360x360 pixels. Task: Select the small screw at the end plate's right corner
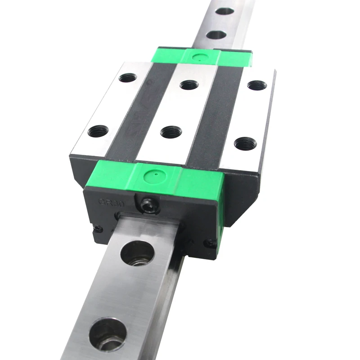click(x=210, y=244)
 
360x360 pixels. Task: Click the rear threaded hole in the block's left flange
click(x=128, y=78)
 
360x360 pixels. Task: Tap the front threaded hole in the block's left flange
click(x=99, y=131)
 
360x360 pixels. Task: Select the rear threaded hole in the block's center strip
click(x=189, y=84)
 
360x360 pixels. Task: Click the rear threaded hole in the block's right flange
click(x=257, y=85)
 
